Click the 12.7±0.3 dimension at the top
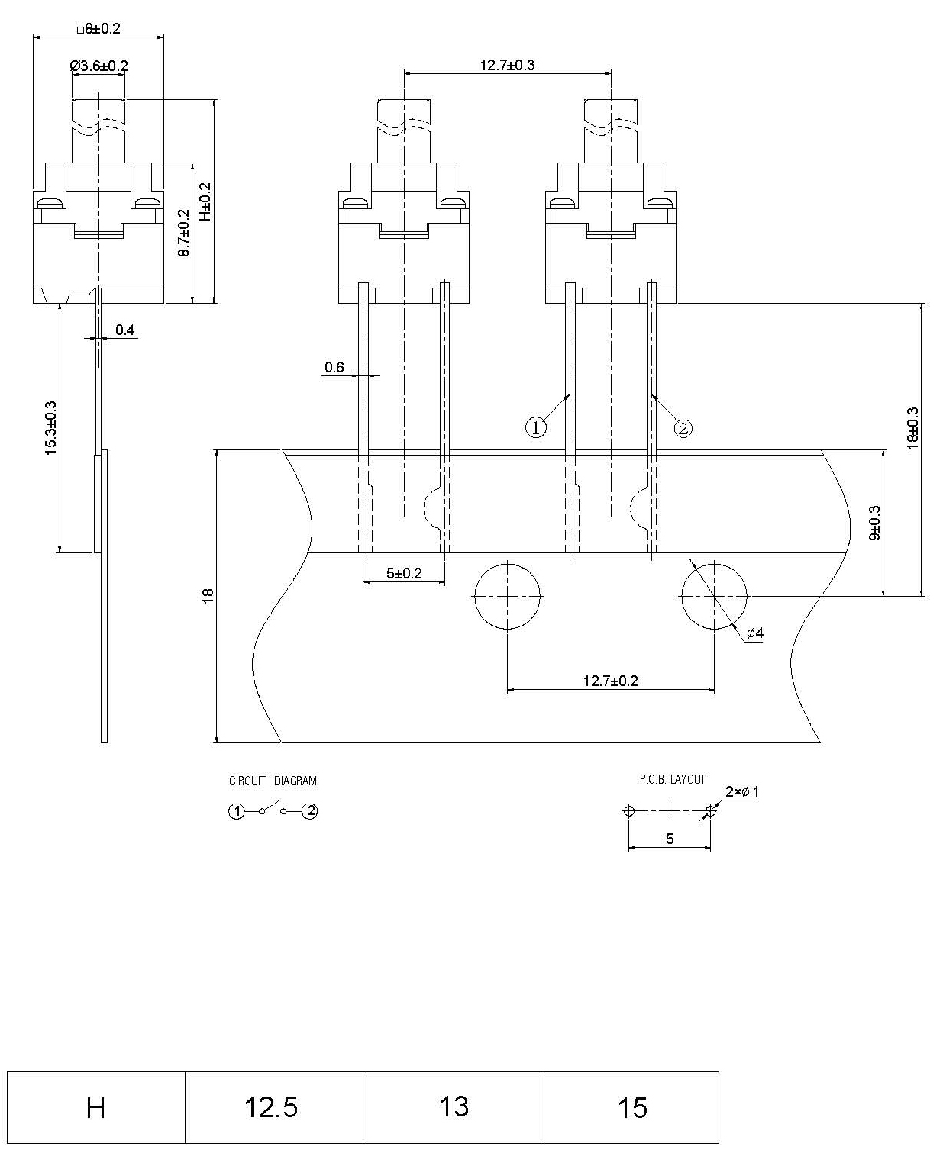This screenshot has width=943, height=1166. pyautogui.click(x=507, y=65)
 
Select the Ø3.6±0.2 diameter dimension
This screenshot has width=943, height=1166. pyautogui.click(x=98, y=66)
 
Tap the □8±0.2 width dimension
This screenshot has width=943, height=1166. pyautogui.click(x=98, y=29)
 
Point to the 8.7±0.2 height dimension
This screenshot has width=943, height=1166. pyautogui.click(x=184, y=233)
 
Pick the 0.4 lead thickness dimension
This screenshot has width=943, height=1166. pyautogui.click(x=125, y=330)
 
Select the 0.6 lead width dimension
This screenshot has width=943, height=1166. pyautogui.click(x=334, y=368)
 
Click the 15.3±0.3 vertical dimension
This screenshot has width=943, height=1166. pyautogui.click(x=51, y=428)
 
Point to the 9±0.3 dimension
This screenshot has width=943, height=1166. pyautogui.click(x=875, y=523)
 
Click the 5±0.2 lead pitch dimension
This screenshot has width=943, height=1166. pyautogui.click(x=403, y=573)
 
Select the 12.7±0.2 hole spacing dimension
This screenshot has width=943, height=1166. pyautogui.click(x=610, y=681)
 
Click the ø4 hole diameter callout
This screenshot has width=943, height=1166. pyautogui.click(x=754, y=633)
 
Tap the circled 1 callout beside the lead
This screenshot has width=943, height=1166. pyautogui.click(x=536, y=428)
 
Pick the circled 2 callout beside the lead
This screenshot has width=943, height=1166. pyautogui.click(x=683, y=428)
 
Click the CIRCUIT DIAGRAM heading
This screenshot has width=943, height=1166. pyautogui.click(x=273, y=781)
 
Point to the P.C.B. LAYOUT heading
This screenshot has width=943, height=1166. pyautogui.click(x=672, y=779)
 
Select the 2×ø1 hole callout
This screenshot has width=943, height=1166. pyautogui.click(x=741, y=792)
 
